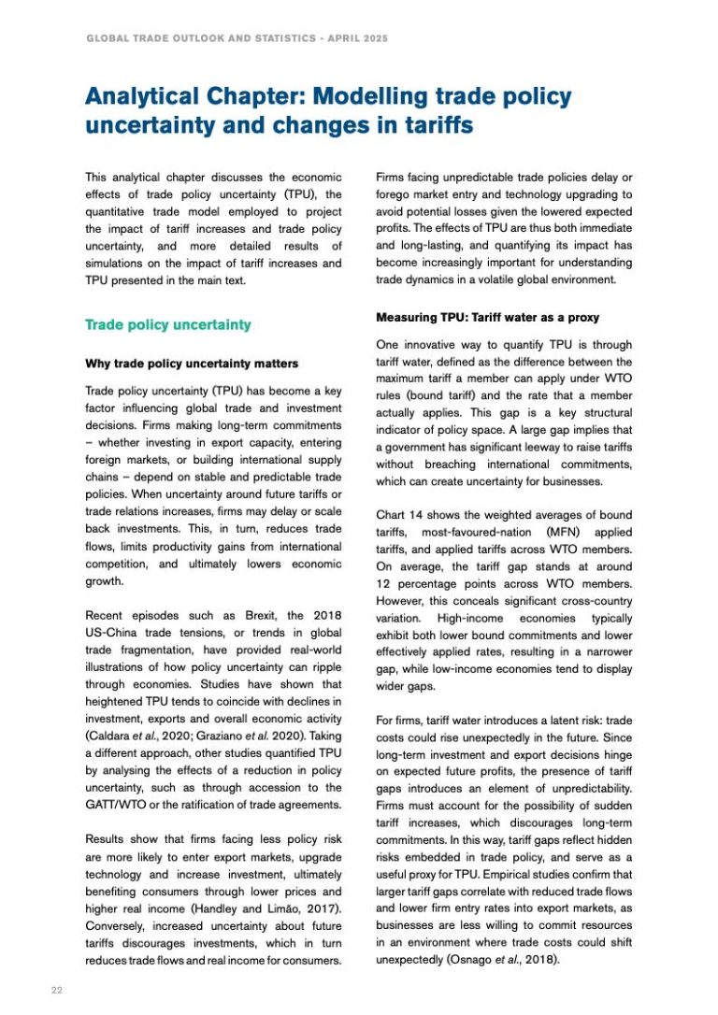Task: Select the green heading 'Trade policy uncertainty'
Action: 167,324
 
